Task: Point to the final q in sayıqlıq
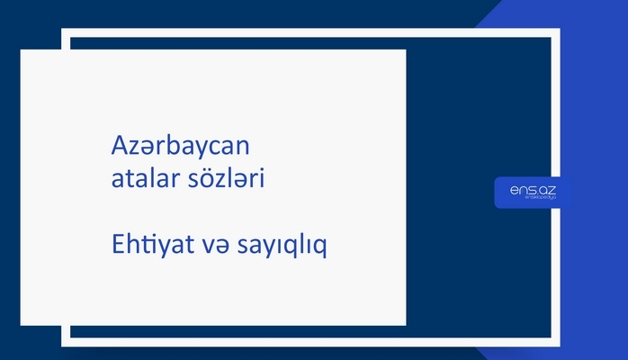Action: click(x=319, y=247)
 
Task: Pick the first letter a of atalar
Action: click(x=112, y=180)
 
